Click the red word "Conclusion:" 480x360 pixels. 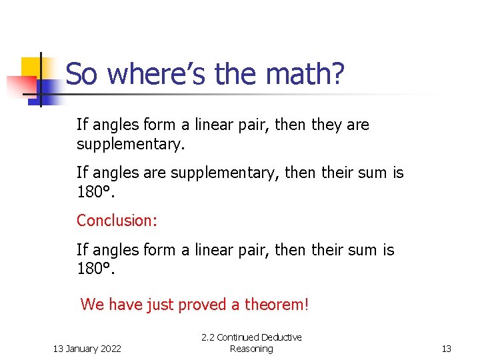(117, 220)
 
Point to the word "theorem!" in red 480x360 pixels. (277, 305)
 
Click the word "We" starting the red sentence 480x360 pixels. (92, 305)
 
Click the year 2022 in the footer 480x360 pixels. (110, 349)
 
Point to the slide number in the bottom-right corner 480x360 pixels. (447, 349)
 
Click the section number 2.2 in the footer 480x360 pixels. (208, 338)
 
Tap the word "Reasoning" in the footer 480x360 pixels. (251, 349)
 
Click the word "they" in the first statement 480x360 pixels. (329, 125)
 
